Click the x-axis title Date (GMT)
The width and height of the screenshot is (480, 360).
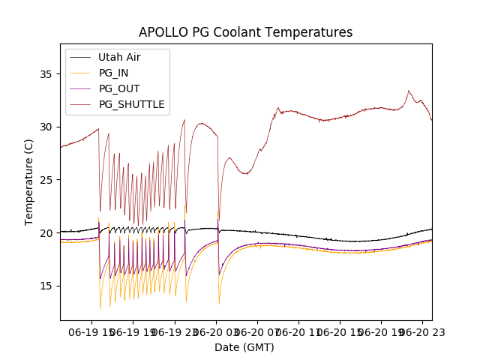(x=244, y=347)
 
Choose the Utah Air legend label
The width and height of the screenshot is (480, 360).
(x=119, y=57)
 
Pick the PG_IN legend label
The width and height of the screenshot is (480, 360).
(x=113, y=73)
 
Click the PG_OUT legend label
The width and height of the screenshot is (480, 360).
(x=119, y=88)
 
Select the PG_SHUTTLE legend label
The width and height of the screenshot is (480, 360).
(x=131, y=104)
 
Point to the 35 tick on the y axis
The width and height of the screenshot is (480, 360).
(x=47, y=74)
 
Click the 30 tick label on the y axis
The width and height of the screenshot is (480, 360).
(x=47, y=127)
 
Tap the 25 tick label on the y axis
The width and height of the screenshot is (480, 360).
(x=47, y=180)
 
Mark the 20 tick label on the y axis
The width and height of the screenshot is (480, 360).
(x=47, y=233)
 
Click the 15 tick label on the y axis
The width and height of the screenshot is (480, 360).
(x=47, y=286)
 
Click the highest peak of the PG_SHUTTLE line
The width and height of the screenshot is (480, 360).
(x=409, y=91)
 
